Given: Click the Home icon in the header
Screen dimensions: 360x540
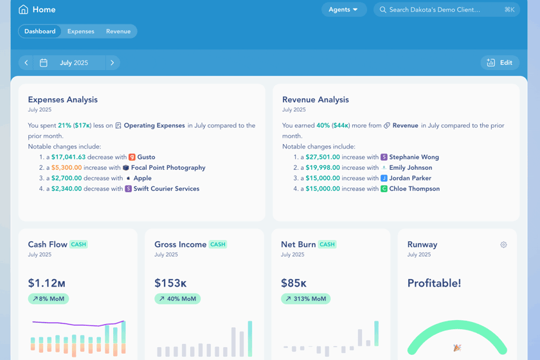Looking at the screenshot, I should [23, 10].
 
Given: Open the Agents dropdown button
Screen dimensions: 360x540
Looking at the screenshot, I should [344, 10].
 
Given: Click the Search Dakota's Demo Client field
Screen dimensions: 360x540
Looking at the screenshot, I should [446, 10].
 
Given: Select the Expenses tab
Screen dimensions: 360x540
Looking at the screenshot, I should [81, 32].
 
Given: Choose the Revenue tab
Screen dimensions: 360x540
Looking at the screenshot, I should [118, 32].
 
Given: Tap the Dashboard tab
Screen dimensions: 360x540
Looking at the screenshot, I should [40, 32].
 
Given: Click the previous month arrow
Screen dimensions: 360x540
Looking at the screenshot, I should [26, 63].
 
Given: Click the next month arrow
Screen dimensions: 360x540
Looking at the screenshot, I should [113, 63].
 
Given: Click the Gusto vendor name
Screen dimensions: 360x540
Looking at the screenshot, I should [146, 157].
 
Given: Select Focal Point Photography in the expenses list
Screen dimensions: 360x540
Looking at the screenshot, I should [168, 168].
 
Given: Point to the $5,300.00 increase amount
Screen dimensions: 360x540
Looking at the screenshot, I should [67, 168].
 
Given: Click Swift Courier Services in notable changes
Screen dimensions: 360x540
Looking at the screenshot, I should [166, 189].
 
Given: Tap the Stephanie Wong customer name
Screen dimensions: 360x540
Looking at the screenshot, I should [414, 157].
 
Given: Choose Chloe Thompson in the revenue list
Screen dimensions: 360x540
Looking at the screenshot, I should [414, 189].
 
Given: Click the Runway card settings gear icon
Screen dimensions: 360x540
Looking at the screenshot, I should [503, 245].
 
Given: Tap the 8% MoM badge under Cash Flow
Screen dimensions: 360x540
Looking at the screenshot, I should [48, 299].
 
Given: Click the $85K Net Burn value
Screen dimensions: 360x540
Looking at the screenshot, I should [294, 283].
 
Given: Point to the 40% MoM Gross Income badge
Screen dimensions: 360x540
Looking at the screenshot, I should [177, 299].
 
